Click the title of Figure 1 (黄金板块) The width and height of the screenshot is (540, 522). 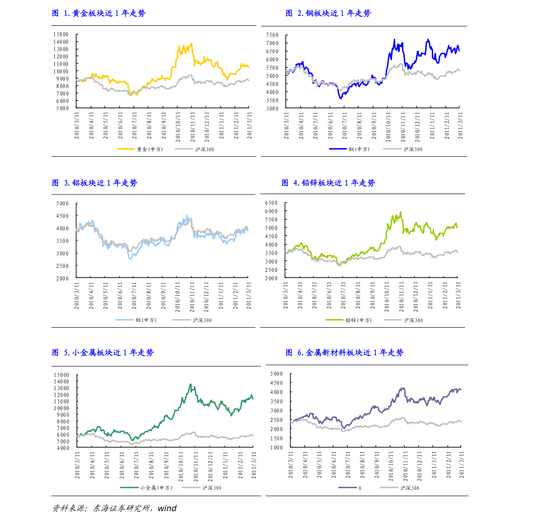click(99, 14)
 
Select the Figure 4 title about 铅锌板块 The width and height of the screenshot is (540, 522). click(328, 183)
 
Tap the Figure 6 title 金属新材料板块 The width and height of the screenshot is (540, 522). click(345, 353)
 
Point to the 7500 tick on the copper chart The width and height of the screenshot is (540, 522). click(272, 35)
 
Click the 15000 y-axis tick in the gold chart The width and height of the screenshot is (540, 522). click(61, 34)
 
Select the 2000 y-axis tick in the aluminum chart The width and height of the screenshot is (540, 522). click(63, 278)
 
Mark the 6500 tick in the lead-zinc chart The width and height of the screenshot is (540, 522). click(271, 203)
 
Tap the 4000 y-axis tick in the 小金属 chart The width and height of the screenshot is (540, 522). click(63, 448)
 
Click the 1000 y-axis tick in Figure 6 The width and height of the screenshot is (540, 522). click(276, 447)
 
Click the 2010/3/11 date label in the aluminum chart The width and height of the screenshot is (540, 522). click(77, 295)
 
